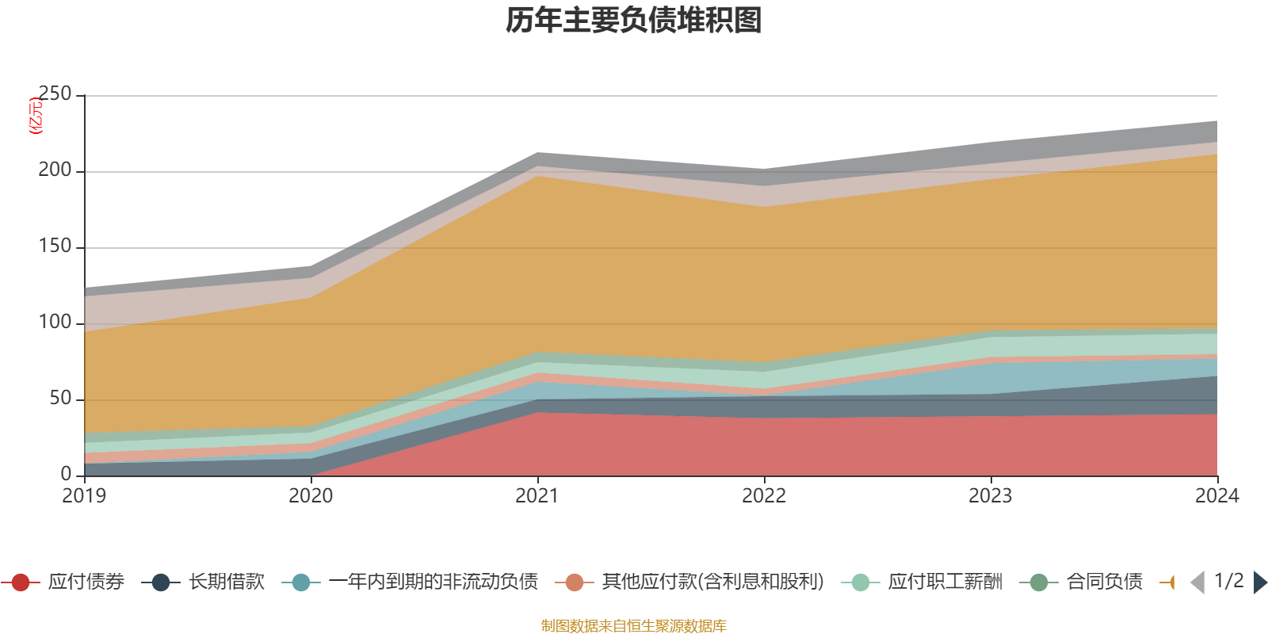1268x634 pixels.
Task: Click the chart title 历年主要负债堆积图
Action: (x=634, y=21)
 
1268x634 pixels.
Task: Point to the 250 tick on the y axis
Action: (x=55, y=94)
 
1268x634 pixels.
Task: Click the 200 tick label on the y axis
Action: (x=55, y=170)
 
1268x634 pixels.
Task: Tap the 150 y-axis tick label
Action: (x=55, y=246)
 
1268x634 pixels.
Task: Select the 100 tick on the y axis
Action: (x=55, y=323)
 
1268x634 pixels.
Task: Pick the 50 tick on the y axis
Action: (x=60, y=399)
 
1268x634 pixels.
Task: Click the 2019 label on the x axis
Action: (x=84, y=496)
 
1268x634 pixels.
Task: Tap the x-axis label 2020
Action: (x=311, y=496)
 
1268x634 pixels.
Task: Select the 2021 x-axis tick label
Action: (x=537, y=496)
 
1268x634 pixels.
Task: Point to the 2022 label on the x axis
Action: (x=764, y=496)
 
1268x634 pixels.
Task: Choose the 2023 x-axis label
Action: (x=991, y=496)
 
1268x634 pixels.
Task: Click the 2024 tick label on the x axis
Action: (x=1216, y=496)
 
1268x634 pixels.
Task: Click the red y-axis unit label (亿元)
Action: (x=36, y=116)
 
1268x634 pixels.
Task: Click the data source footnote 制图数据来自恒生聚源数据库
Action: (x=634, y=626)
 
